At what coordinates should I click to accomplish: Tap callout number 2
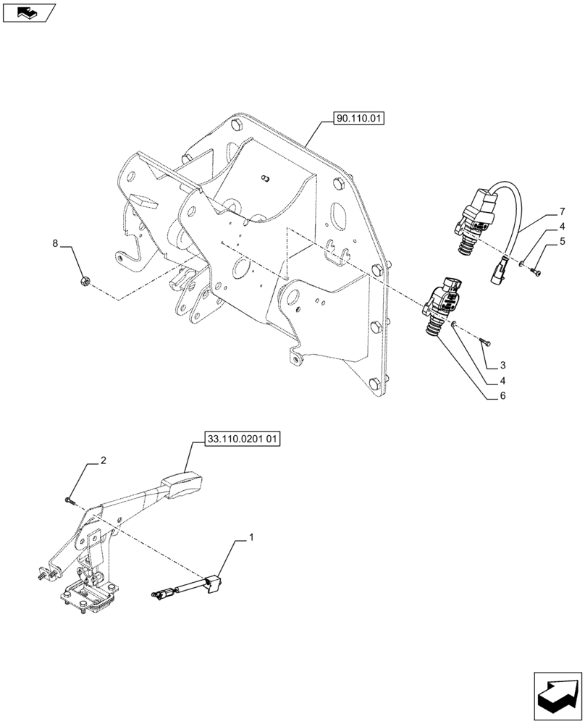(x=104, y=460)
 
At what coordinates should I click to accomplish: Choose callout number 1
(x=251, y=537)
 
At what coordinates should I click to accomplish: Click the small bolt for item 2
(x=68, y=499)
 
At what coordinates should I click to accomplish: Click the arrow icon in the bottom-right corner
(x=557, y=696)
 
